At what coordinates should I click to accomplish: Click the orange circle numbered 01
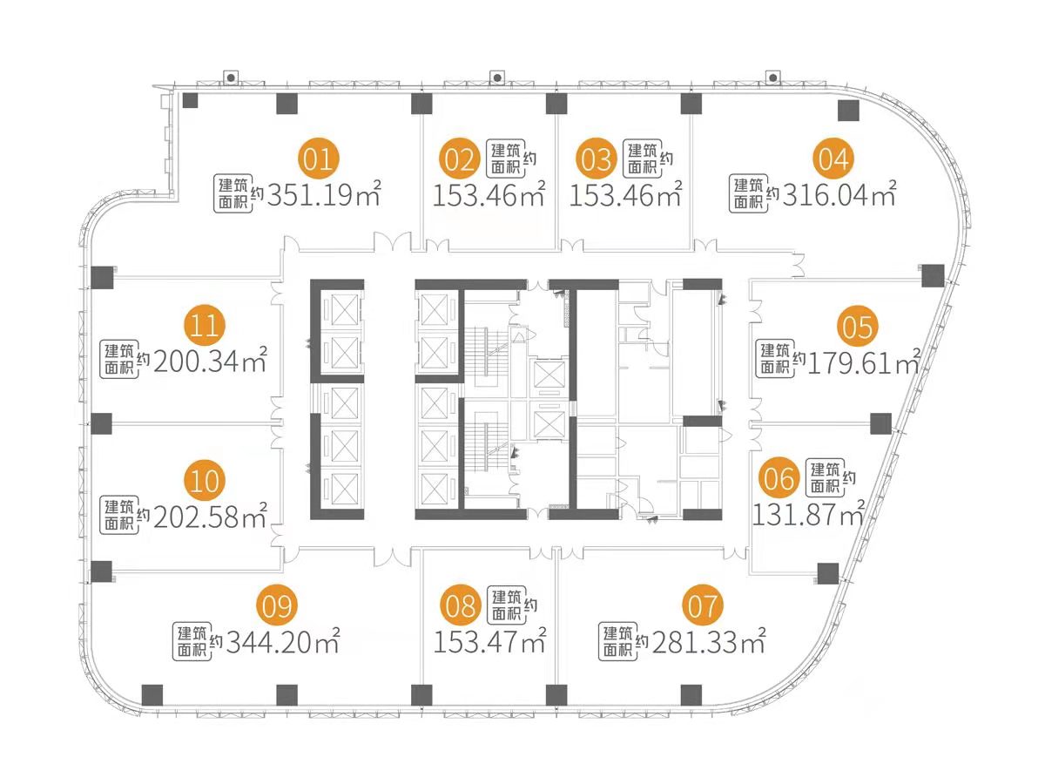click(x=319, y=159)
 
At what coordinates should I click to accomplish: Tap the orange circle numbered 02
click(x=459, y=159)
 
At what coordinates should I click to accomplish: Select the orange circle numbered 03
click(x=597, y=159)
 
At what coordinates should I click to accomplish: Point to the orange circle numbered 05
click(x=858, y=328)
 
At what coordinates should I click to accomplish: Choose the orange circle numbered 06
click(x=779, y=478)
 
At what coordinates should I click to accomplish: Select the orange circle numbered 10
click(x=206, y=479)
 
